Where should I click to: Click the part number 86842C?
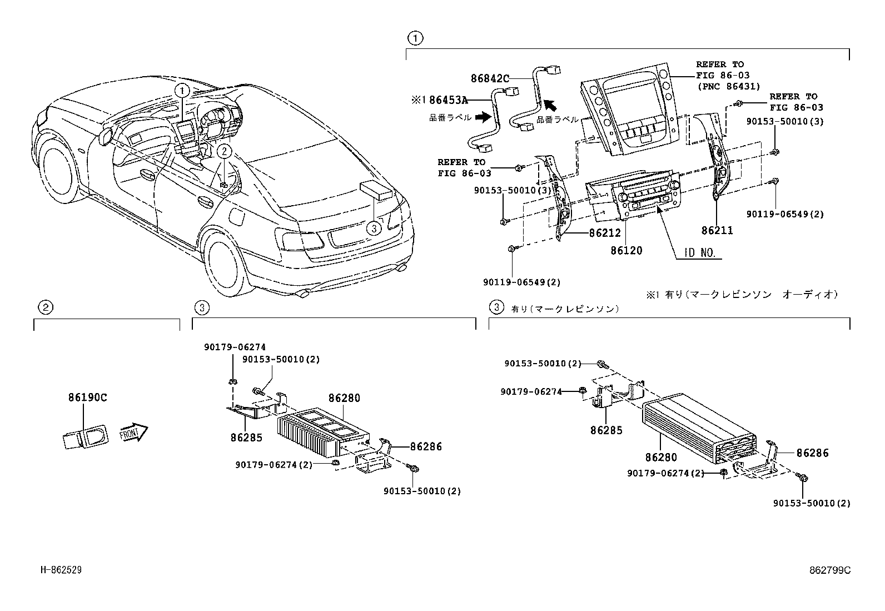490,79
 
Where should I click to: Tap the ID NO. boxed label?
699,253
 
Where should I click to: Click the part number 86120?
626,251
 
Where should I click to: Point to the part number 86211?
717,230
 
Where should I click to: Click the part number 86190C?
88,398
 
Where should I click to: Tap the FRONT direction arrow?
133,433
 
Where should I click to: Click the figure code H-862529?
61,570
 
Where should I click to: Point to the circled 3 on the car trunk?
374,227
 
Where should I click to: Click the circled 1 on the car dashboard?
182,90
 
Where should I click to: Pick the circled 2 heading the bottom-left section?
45,307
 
